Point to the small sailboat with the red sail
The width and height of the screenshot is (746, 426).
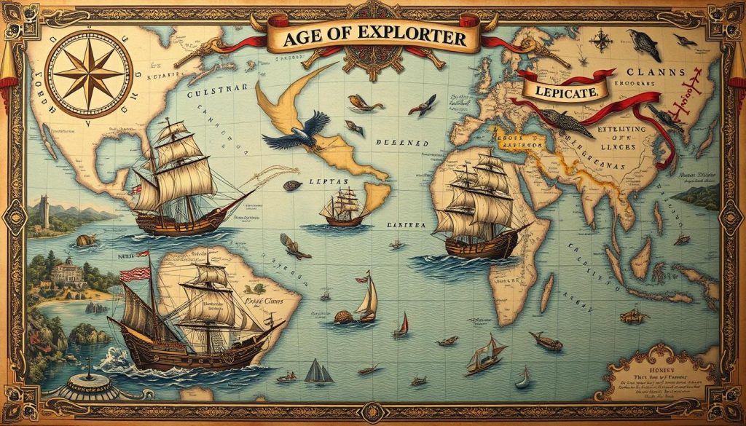pyautogui.click(x=401, y=325)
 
